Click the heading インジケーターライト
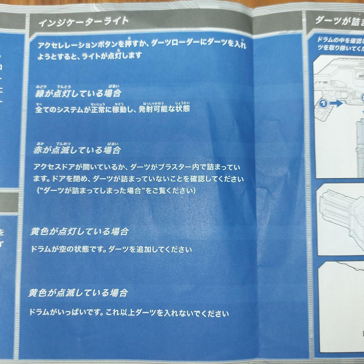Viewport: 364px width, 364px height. [x=83, y=23]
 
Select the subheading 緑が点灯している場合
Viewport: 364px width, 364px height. [x=78, y=94]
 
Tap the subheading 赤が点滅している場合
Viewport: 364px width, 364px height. [x=77, y=150]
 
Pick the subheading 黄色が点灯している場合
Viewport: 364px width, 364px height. [x=80, y=232]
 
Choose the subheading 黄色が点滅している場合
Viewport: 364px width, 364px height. [x=78, y=293]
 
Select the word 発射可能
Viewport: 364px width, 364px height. [x=153, y=110]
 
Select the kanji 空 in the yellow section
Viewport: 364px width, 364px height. [x=63, y=249]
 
